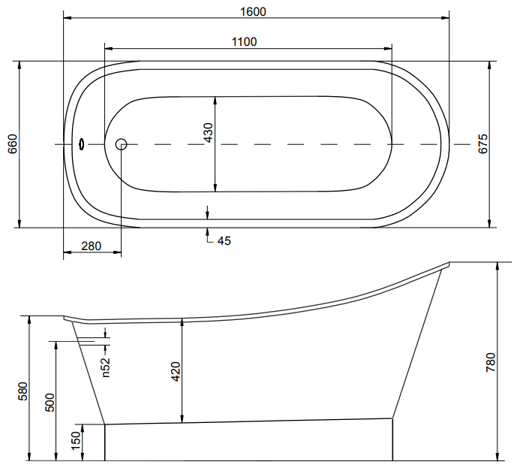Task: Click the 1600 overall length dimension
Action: (254, 11)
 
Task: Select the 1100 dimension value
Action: (245, 42)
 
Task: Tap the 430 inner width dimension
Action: (209, 133)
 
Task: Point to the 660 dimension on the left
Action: (12, 143)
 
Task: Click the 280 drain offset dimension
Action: (91, 246)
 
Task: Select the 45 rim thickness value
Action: (224, 240)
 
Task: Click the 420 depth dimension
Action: (175, 372)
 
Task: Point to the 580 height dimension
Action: (23, 391)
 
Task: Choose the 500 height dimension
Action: (50, 403)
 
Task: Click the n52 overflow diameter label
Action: (106, 366)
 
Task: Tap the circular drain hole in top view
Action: (121, 143)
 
